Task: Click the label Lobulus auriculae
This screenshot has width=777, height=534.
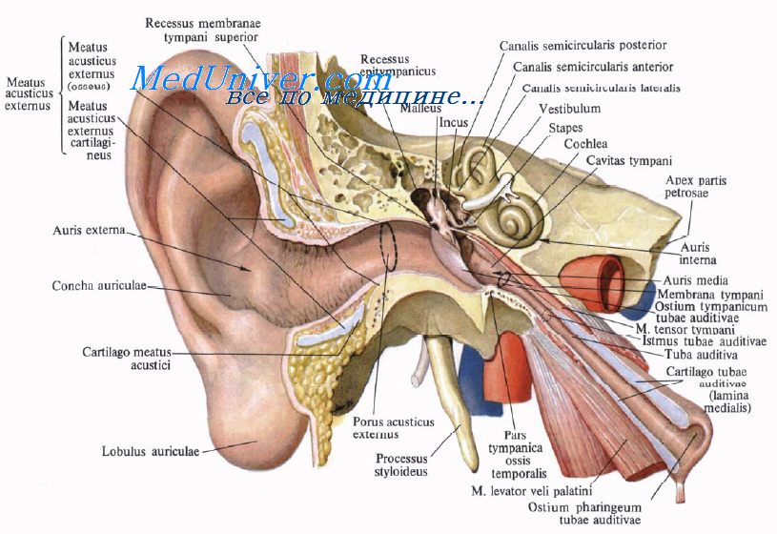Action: click(x=151, y=451)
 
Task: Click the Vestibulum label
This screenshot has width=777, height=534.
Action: click(x=569, y=109)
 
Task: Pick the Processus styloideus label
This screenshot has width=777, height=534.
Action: click(x=401, y=463)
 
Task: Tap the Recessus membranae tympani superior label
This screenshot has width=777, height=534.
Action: click(x=205, y=30)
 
